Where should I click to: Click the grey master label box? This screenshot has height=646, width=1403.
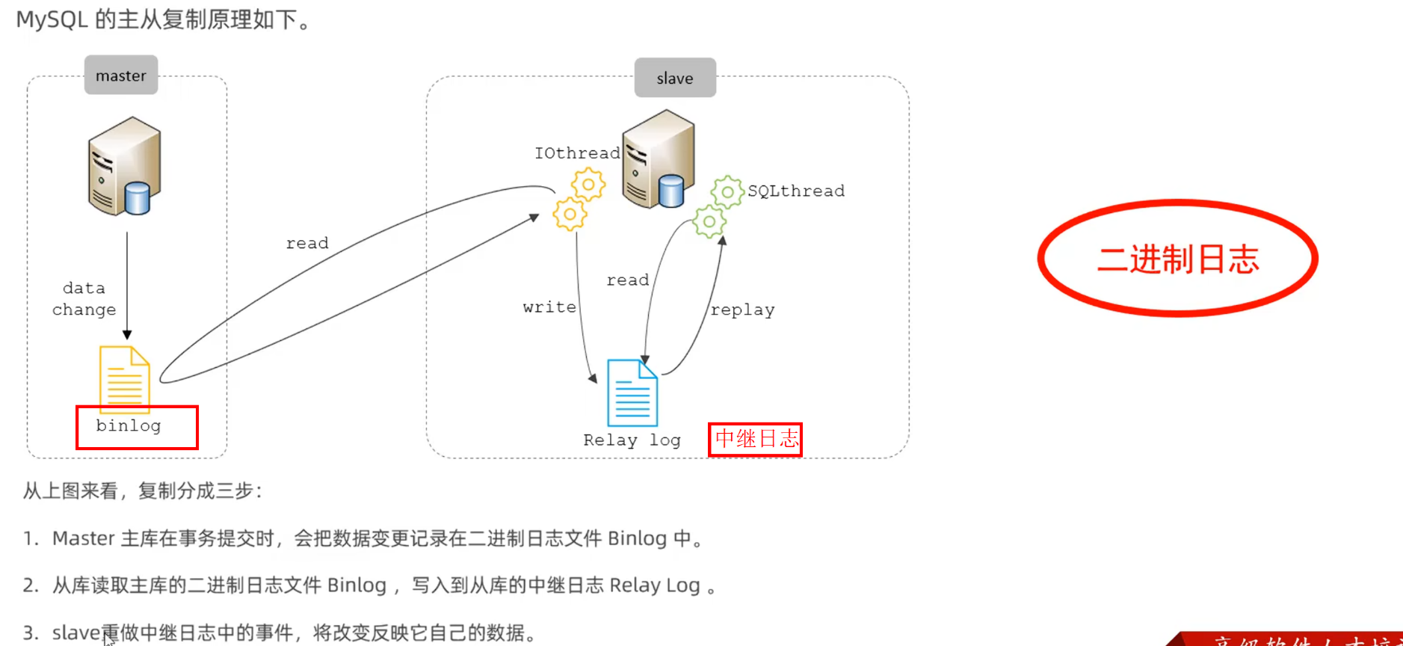121,76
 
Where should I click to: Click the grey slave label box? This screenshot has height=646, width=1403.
675,78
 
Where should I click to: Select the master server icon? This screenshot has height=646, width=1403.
124,166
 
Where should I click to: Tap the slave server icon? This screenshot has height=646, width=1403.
658,159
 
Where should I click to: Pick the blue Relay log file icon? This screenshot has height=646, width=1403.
632,393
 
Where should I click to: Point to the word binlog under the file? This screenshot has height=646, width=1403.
129,425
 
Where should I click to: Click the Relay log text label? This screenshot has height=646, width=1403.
632,440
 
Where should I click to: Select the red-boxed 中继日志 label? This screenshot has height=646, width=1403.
756,439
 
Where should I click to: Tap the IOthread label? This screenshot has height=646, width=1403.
577,153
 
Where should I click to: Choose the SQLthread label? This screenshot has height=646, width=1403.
796,191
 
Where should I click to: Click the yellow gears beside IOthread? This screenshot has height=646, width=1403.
579,199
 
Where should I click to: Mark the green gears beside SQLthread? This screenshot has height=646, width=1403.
718,206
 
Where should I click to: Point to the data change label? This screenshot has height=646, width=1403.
84,299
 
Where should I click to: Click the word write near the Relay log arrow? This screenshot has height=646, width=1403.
549,307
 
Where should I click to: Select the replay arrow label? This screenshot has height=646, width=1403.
742,310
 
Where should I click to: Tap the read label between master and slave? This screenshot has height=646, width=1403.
307,243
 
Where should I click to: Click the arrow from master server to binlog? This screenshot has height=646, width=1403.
127,284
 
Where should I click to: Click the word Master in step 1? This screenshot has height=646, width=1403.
84,538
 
